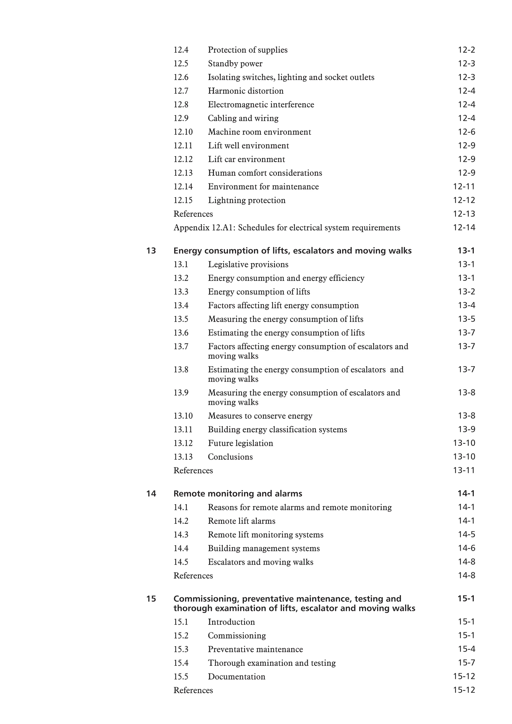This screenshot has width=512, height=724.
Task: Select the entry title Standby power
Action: point(235,64)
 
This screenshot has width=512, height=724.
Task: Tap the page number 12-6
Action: point(466,132)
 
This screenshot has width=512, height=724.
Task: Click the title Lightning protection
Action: point(246,200)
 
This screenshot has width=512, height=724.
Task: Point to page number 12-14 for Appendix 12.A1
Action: point(464,228)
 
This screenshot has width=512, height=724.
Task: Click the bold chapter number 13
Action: point(151,251)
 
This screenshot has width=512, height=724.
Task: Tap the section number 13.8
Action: point(181,370)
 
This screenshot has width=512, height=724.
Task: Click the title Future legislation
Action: point(240,443)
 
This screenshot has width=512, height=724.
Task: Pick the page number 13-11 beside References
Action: point(464,471)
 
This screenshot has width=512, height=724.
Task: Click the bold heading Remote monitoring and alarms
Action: point(237,494)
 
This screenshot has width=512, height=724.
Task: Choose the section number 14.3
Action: point(181,535)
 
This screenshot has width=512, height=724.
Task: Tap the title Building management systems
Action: point(264,548)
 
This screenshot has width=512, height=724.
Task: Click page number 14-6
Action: point(466,548)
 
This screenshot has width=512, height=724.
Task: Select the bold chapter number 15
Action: point(151,599)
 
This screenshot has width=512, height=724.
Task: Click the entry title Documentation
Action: point(236,676)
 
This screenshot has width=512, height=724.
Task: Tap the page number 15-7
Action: point(466,663)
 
